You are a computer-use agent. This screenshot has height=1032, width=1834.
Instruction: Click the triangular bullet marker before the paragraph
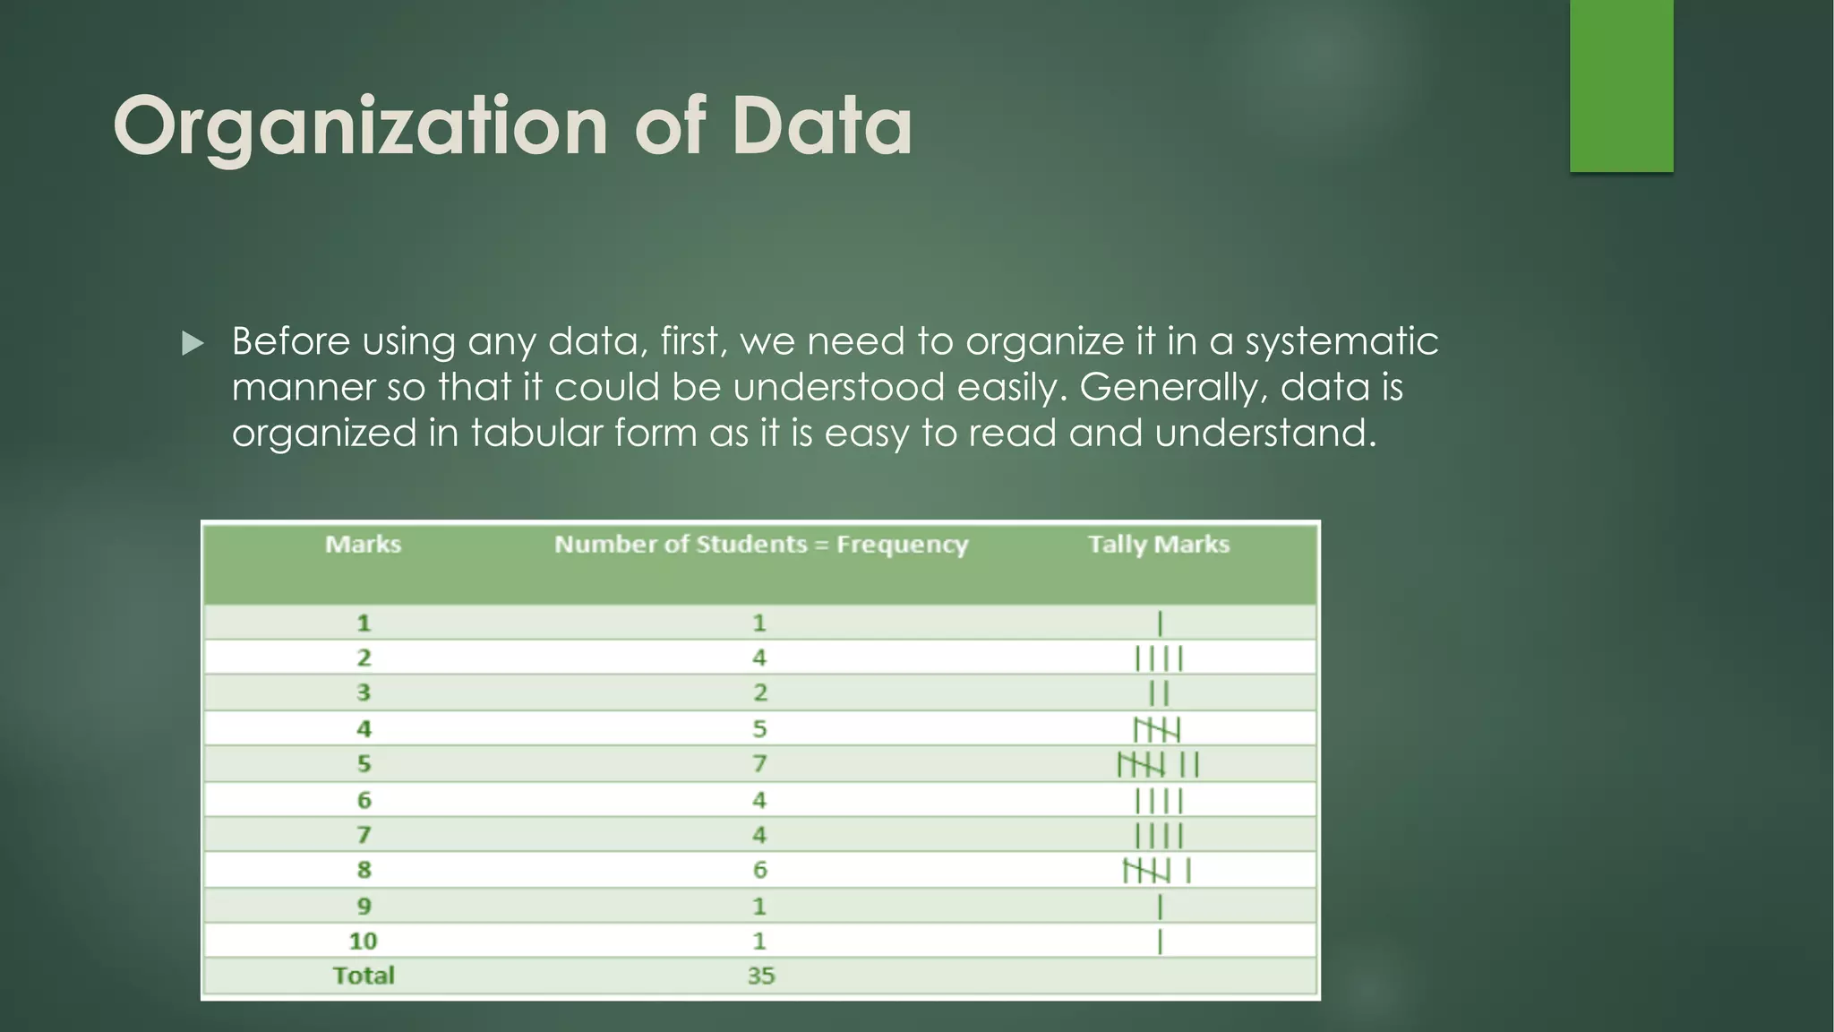tap(193, 343)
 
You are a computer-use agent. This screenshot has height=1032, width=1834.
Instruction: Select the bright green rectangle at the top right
tap(1621, 85)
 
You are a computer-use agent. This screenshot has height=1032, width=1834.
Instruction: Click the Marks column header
tap(363, 545)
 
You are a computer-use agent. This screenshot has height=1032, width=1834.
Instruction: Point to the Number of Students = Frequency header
tap(761, 545)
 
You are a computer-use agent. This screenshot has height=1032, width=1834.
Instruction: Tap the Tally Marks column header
tap(1159, 545)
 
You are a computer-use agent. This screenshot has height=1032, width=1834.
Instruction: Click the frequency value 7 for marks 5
tap(759, 764)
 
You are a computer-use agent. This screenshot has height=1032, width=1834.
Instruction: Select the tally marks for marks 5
tap(1158, 765)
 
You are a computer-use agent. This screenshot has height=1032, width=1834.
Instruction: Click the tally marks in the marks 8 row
tap(1157, 870)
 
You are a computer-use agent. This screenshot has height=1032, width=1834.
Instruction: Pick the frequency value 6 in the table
tap(759, 870)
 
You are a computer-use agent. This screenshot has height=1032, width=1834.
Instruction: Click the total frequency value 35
tap(760, 976)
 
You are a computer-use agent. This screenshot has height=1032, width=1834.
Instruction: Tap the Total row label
tap(364, 976)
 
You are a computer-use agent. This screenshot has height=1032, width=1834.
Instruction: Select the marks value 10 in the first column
tap(363, 941)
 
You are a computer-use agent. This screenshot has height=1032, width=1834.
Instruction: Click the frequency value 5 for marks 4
tap(759, 729)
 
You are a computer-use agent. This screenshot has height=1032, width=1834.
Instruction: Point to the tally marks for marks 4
tap(1157, 730)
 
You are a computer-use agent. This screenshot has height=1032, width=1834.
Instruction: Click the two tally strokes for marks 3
tap(1159, 693)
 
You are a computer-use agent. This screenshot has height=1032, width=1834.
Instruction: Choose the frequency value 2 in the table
tap(759, 692)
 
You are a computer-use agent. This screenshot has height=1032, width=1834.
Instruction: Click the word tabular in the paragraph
tap(536, 434)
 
